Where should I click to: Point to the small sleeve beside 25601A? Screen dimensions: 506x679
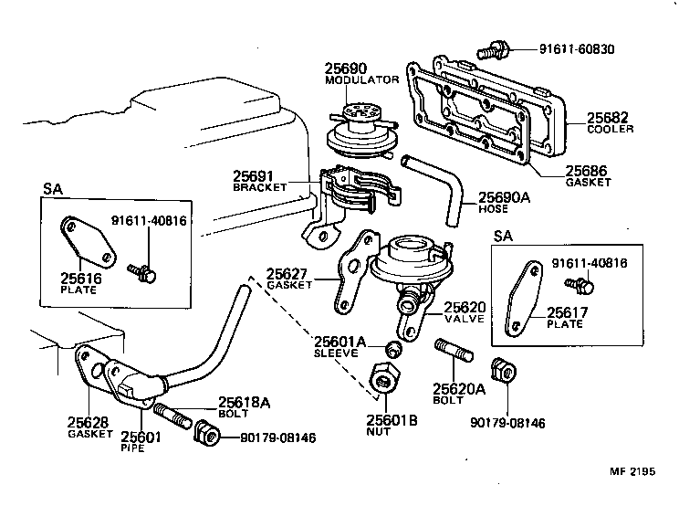[x=393, y=349]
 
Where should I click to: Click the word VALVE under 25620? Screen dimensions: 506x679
[x=465, y=320]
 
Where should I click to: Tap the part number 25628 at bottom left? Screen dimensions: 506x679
[x=89, y=422]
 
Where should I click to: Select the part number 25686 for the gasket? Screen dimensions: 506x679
[x=587, y=171]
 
